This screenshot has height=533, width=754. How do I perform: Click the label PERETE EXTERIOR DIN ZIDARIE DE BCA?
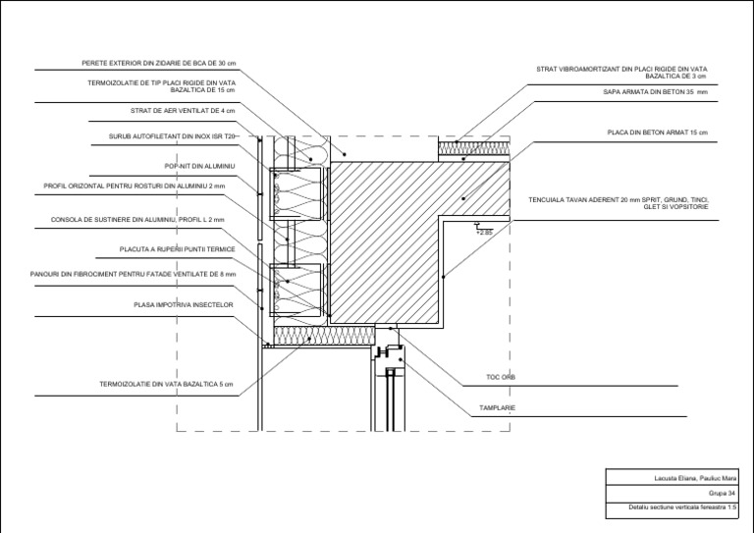click(159, 63)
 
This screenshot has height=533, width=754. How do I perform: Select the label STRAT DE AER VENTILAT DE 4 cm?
click(183, 111)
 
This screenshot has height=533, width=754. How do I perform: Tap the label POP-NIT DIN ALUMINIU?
click(200, 166)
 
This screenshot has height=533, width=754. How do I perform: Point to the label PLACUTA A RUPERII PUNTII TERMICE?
click(178, 249)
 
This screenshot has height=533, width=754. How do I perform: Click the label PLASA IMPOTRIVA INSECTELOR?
click(184, 304)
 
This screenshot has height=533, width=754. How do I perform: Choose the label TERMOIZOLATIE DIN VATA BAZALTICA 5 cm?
click(166, 384)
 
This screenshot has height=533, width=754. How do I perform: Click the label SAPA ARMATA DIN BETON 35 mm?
click(656, 92)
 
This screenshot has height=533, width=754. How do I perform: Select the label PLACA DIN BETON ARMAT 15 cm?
click(658, 133)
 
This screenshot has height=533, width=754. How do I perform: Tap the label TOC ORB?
click(501, 377)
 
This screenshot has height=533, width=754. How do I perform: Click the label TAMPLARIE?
click(497, 408)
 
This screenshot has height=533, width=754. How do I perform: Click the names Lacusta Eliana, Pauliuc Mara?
click(695, 478)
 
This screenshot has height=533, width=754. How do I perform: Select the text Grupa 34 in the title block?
click(722, 494)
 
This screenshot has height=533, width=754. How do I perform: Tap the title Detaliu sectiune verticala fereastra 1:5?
click(683, 507)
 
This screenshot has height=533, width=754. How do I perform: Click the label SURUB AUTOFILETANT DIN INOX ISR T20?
click(172, 136)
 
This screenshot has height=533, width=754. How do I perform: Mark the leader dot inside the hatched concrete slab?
click(463, 198)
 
